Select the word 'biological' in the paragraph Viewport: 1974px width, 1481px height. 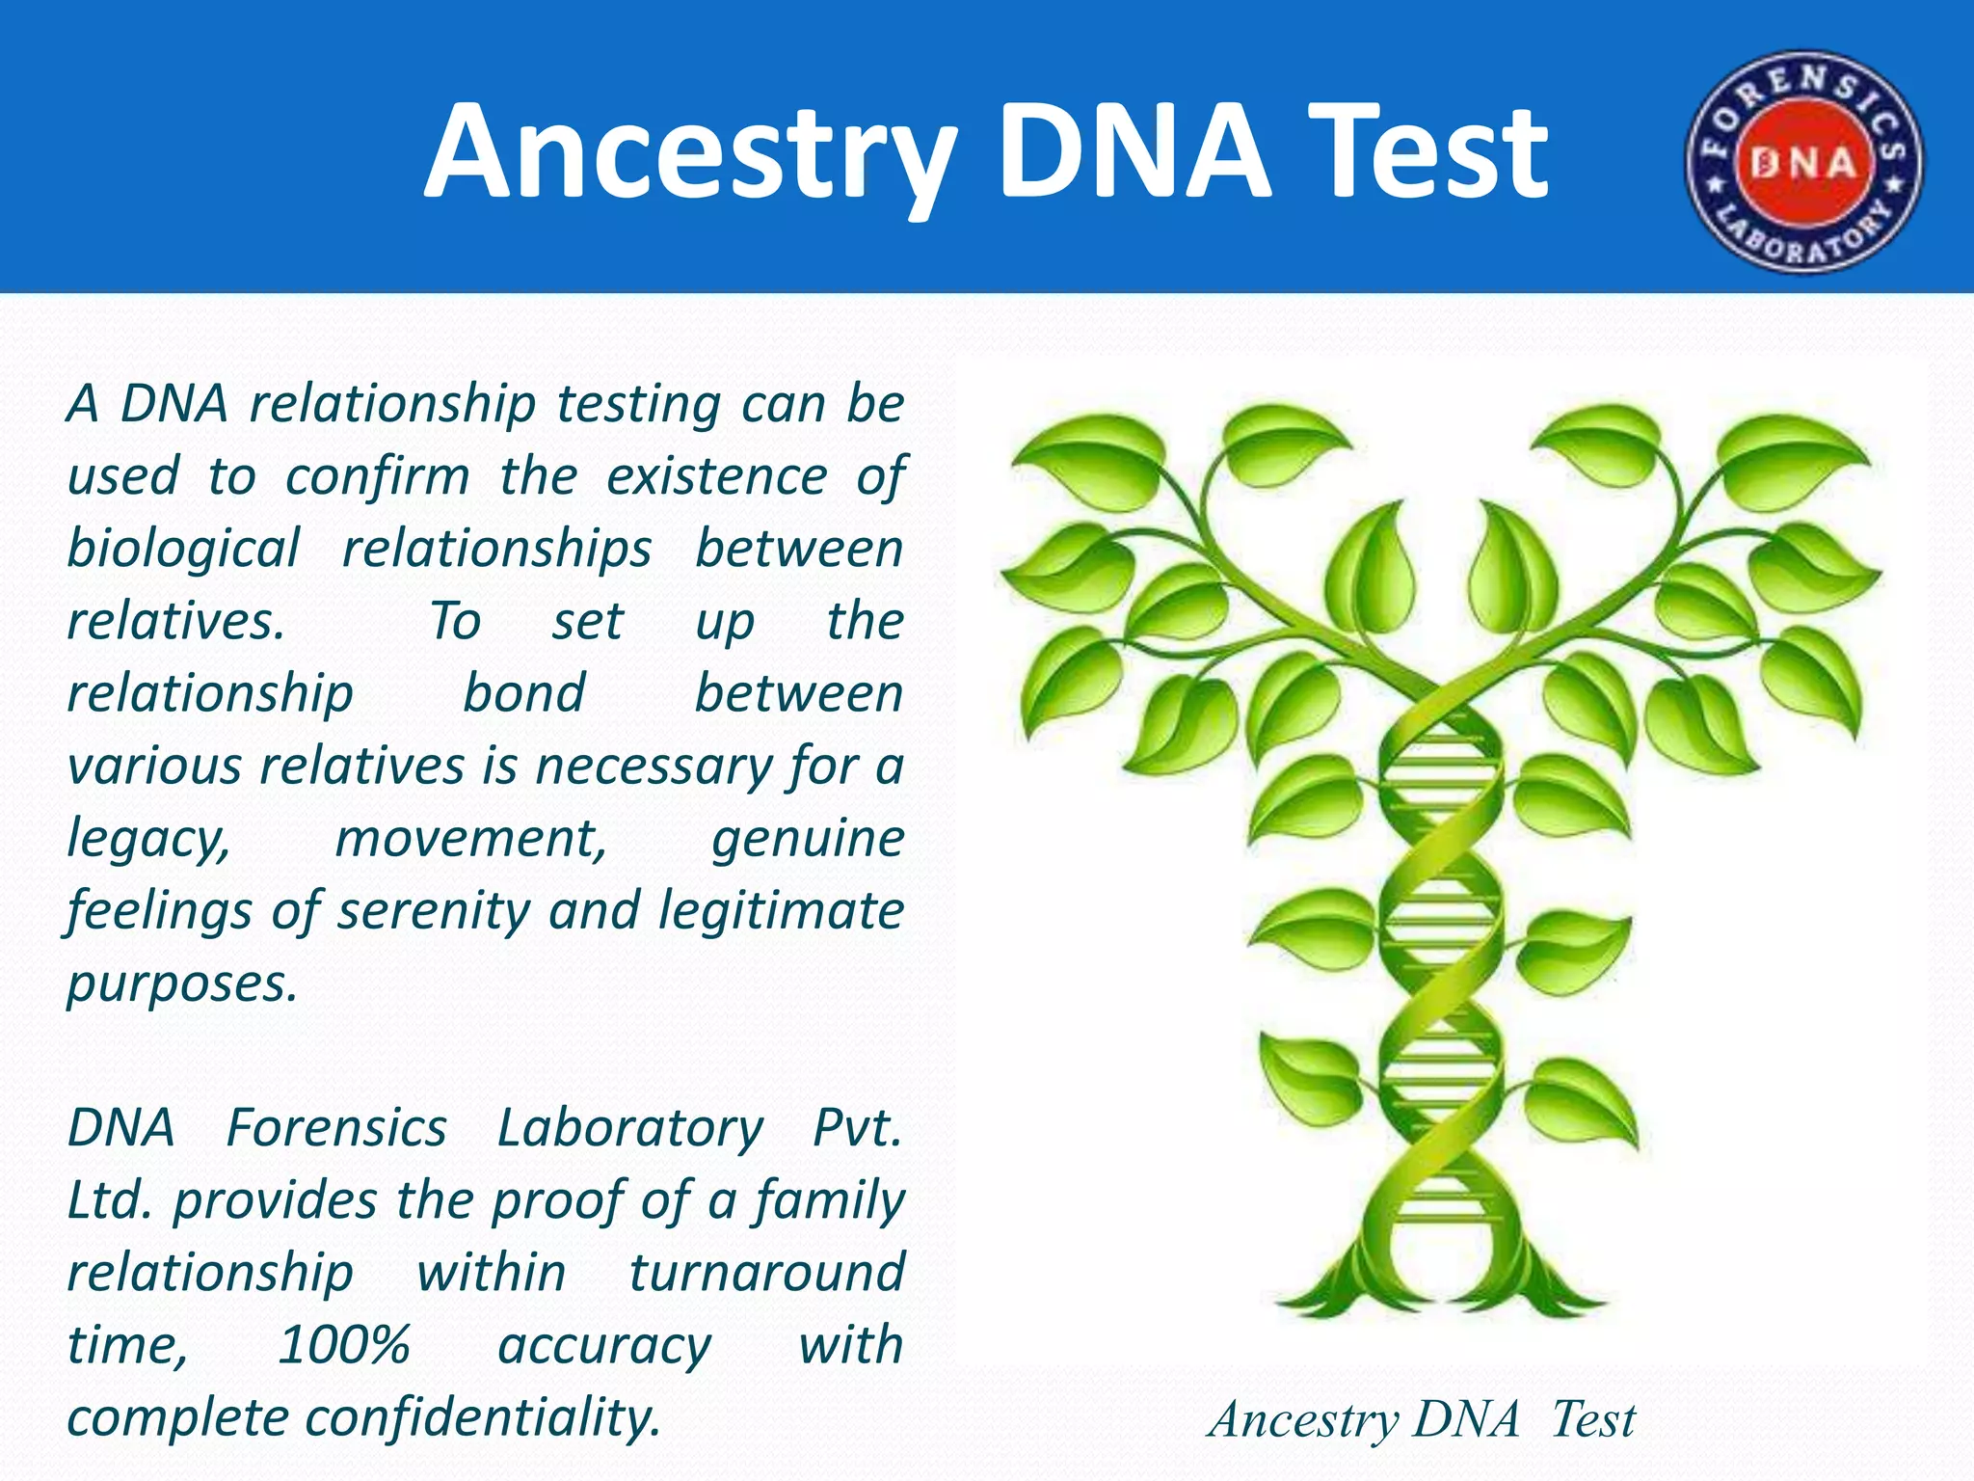coord(183,550)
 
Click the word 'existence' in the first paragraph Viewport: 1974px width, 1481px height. coord(716,476)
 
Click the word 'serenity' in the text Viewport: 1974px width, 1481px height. coord(433,910)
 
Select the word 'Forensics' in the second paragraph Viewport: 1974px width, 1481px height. coord(336,1127)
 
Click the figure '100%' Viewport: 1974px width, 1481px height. coord(344,1345)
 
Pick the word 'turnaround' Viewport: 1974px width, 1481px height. coord(766,1273)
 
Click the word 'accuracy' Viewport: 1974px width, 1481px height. coord(604,1347)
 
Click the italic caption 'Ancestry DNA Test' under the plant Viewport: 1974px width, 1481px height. coord(1422,1419)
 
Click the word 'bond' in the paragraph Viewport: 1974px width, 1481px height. coord(524,693)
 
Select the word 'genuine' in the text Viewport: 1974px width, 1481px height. coord(808,839)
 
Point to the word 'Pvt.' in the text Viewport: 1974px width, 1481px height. coord(858,1127)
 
